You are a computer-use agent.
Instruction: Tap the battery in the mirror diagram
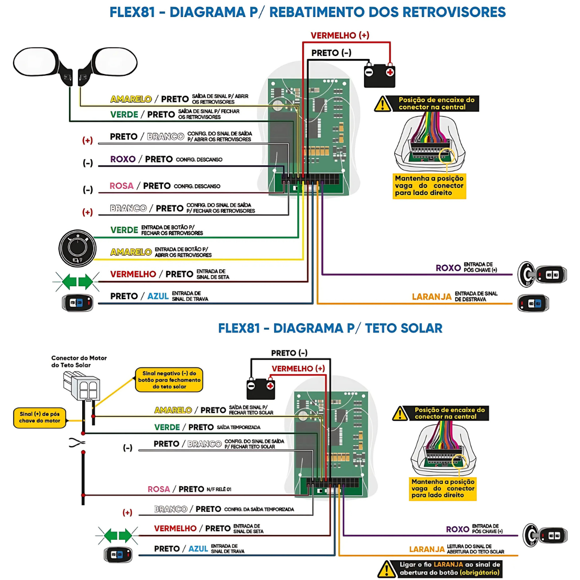pyautogui.click(x=379, y=75)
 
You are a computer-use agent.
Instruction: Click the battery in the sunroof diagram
pyautogui.click(x=261, y=388)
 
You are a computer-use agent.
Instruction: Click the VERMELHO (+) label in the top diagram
pyautogui.click(x=340, y=35)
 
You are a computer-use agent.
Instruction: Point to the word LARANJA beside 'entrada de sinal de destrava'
pyautogui.click(x=431, y=297)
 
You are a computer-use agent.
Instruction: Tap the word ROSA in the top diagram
pyautogui.click(x=121, y=186)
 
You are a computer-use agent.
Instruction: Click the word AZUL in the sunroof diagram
pyautogui.click(x=198, y=549)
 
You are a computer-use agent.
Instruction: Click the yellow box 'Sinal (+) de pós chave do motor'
pyautogui.click(x=40, y=418)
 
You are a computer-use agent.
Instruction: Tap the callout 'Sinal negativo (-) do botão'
pyautogui.click(x=169, y=380)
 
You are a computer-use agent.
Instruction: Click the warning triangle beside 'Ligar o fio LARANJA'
pyautogui.click(x=387, y=569)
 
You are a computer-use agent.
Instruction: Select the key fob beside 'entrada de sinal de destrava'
pyautogui.click(x=533, y=304)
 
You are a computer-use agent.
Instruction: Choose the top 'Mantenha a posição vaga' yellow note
pyautogui.click(x=429, y=186)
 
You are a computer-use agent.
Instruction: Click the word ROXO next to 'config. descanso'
pyautogui.click(x=123, y=159)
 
